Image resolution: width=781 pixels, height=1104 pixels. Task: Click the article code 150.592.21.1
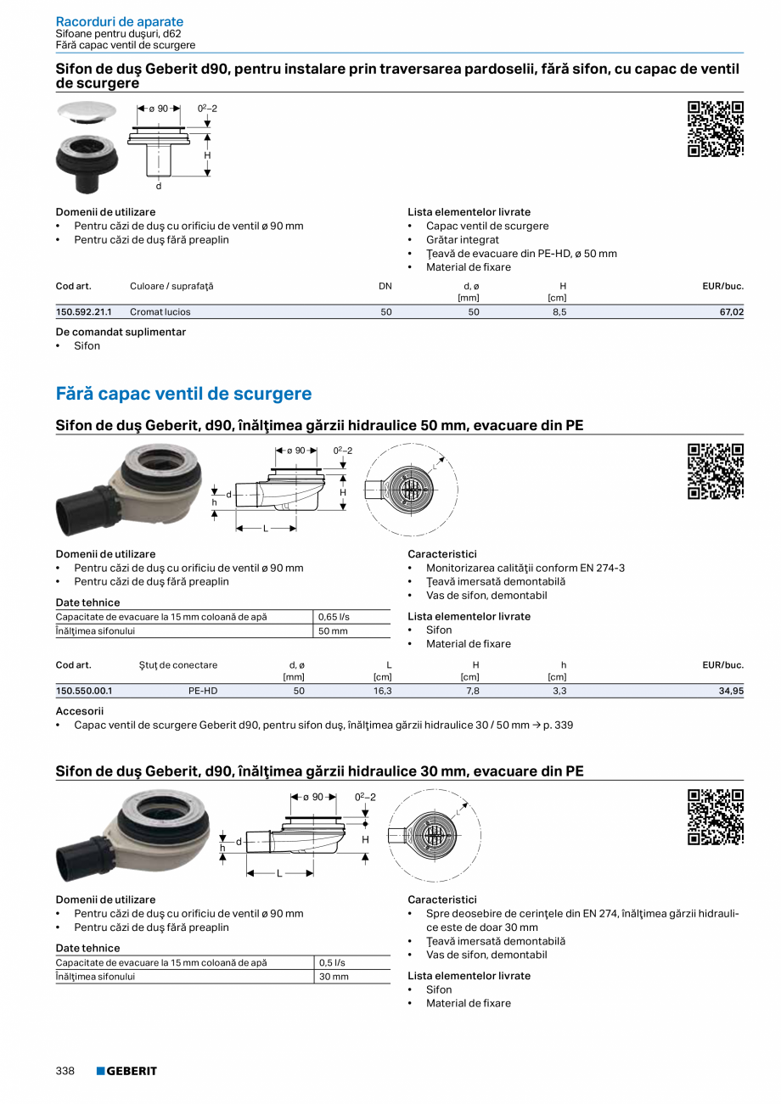tap(83, 312)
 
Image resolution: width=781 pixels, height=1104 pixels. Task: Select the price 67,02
tap(731, 312)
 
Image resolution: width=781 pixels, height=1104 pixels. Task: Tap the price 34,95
tap(731, 692)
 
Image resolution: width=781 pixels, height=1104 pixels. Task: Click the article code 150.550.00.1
tap(83, 692)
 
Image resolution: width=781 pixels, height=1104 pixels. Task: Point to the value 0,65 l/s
tap(334, 617)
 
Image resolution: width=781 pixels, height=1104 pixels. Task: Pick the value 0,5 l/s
tap(332, 963)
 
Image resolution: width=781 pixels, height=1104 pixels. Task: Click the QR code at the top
tap(715, 129)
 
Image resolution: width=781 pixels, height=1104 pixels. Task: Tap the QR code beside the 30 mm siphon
tap(715, 817)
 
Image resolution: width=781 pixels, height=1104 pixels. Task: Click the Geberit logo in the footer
tap(126, 1071)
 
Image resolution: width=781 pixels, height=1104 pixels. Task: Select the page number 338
tap(65, 1071)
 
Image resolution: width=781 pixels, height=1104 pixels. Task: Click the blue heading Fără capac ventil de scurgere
tap(183, 394)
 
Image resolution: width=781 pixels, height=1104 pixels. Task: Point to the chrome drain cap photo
tap(87, 112)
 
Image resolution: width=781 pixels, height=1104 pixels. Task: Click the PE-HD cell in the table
tap(203, 692)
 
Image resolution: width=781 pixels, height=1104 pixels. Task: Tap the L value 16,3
tap(383, 692)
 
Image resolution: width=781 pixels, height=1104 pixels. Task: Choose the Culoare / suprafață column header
tap(171, 286)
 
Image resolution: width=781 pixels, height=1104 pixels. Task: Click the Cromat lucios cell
tap(160, 312)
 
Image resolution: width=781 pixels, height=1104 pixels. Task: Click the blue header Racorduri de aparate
tap(119, 21)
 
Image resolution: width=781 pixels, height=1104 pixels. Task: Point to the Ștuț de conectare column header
tap(178, 665)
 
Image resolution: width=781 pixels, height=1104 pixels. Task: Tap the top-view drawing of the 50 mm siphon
tap(410, 490)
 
